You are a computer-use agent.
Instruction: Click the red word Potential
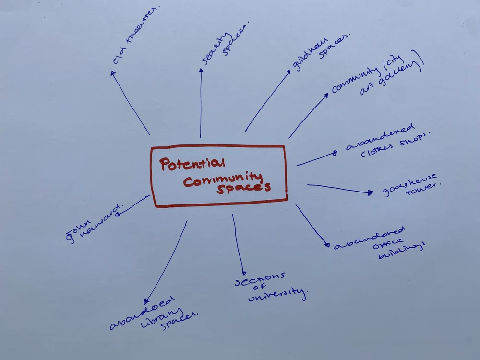click(192, 165)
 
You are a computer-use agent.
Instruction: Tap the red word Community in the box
click(223, 180)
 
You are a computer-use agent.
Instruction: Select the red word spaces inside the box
click(243, 188)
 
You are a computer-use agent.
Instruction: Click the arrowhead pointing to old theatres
click(113, 73)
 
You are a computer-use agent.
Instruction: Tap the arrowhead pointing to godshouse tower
click(370, 193)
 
